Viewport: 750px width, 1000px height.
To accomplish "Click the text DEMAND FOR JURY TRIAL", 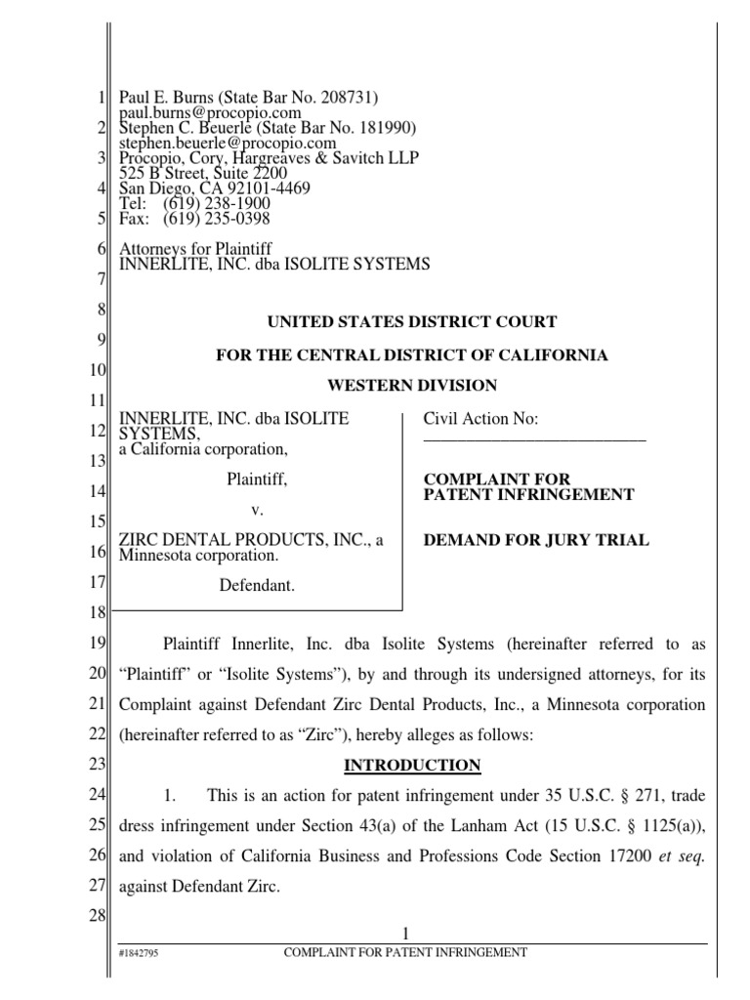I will pyautogui.click(x=535, y=540).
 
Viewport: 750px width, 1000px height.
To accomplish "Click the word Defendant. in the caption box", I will pyautogui.click(x=259, y=586).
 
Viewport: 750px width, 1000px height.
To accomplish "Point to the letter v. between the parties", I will pyautogui.click(x=259, y=510).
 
